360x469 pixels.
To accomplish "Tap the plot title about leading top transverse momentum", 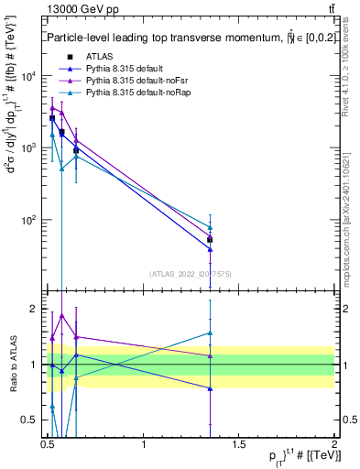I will coord(183,38).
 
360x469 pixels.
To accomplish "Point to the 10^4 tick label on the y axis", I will coord(31,76).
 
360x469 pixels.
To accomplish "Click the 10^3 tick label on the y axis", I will coord(31,148).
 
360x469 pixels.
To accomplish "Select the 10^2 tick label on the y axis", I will coord(31,220).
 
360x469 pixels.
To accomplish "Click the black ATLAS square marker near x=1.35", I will coord(210,240).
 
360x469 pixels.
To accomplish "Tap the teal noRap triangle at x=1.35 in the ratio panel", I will coord(210,333).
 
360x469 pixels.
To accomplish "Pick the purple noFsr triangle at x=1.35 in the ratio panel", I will coord(210,356).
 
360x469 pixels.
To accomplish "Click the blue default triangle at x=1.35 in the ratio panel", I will coord(210,388).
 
